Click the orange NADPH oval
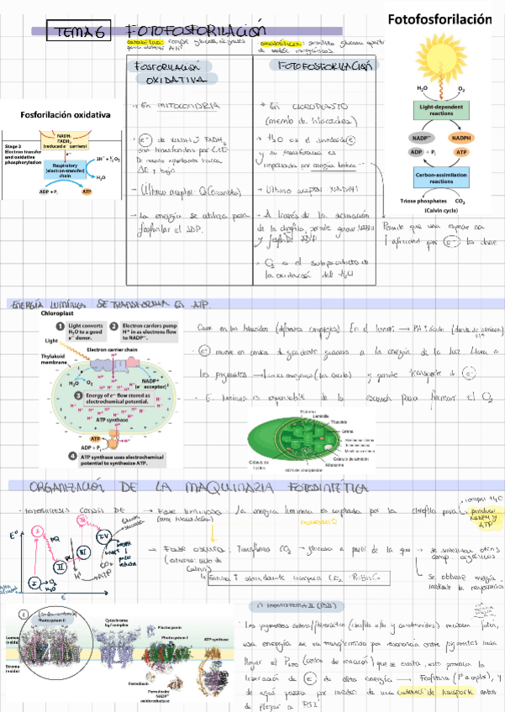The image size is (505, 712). [x=460, y=138]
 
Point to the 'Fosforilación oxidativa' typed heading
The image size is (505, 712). [x=66, y=114]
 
